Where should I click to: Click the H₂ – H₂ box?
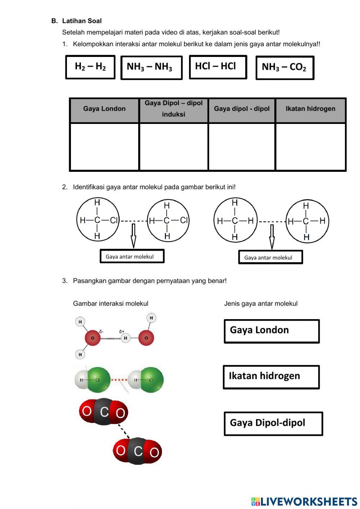(x=90, y=67)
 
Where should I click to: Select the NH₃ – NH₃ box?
(x=151, y=67)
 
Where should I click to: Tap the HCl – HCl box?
(x=218, y=67)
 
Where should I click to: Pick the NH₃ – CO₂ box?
(x=285, y=67)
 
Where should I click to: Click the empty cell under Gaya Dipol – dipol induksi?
(x=174, y=146)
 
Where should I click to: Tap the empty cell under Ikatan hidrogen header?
(x=310, y=146)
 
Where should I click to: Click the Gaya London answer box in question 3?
(x=271, y=331)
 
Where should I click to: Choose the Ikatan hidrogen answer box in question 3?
(x=271, y=377)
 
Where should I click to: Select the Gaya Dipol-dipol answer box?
(x=273, y=424)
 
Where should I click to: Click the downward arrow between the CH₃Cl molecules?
(x=134, y=236)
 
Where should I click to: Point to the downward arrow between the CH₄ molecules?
(x=272, y=237)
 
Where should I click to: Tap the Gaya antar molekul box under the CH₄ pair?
(x=270, y=257)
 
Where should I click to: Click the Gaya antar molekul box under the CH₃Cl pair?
(x=132, y=256)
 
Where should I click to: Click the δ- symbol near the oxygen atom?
(x=101, y=331)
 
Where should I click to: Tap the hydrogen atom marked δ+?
(x=125, y=338)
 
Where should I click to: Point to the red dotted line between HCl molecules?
(x=119, y=380)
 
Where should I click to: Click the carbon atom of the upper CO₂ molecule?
(x=104, y=412)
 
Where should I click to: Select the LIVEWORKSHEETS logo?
(x=304, y=501)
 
